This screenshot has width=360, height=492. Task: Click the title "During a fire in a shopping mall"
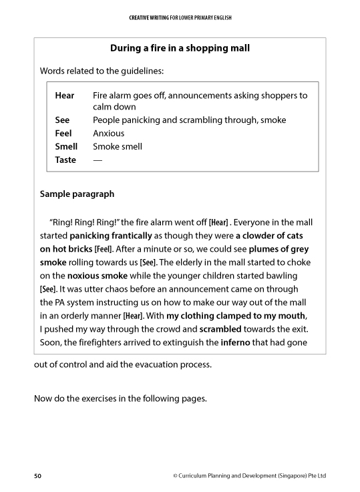tap(180, 48)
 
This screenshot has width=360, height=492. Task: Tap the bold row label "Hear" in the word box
tap(65, 95)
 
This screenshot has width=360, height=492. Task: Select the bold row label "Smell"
tap(66, 146)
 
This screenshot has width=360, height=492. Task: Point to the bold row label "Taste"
tap(65, 160)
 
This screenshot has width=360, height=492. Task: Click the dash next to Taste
tap(98, 160)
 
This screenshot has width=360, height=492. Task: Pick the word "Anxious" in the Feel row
tap(108, 133)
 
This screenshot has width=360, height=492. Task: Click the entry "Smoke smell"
tap(118, 146)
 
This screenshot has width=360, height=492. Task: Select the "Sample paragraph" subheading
tap(77, 194)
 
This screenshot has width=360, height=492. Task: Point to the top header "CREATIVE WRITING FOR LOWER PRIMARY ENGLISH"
tap(180, 17)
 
